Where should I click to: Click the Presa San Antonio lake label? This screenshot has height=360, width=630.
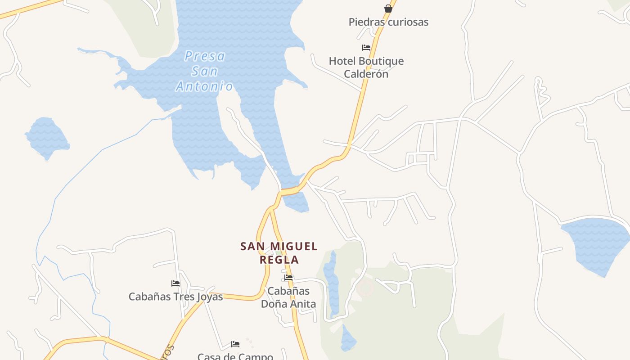205,71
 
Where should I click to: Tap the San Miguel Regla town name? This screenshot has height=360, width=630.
279,253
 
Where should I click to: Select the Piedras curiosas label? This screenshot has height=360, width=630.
388,22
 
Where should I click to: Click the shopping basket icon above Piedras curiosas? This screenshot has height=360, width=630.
388,9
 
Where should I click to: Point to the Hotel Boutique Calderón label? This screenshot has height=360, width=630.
366,67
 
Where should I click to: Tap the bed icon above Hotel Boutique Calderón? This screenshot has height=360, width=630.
366,47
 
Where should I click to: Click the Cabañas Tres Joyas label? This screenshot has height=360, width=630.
175,297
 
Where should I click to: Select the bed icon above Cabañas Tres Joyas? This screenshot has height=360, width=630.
175,283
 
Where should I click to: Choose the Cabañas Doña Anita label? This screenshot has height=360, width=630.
288,297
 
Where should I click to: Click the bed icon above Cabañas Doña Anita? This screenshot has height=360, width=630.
288,278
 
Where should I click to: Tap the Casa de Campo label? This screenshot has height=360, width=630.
235,356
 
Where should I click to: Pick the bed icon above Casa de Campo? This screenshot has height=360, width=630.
235,344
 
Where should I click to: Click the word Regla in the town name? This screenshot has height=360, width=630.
279,260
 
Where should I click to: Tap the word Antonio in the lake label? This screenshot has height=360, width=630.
205,86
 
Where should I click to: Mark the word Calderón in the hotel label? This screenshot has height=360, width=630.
366,74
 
